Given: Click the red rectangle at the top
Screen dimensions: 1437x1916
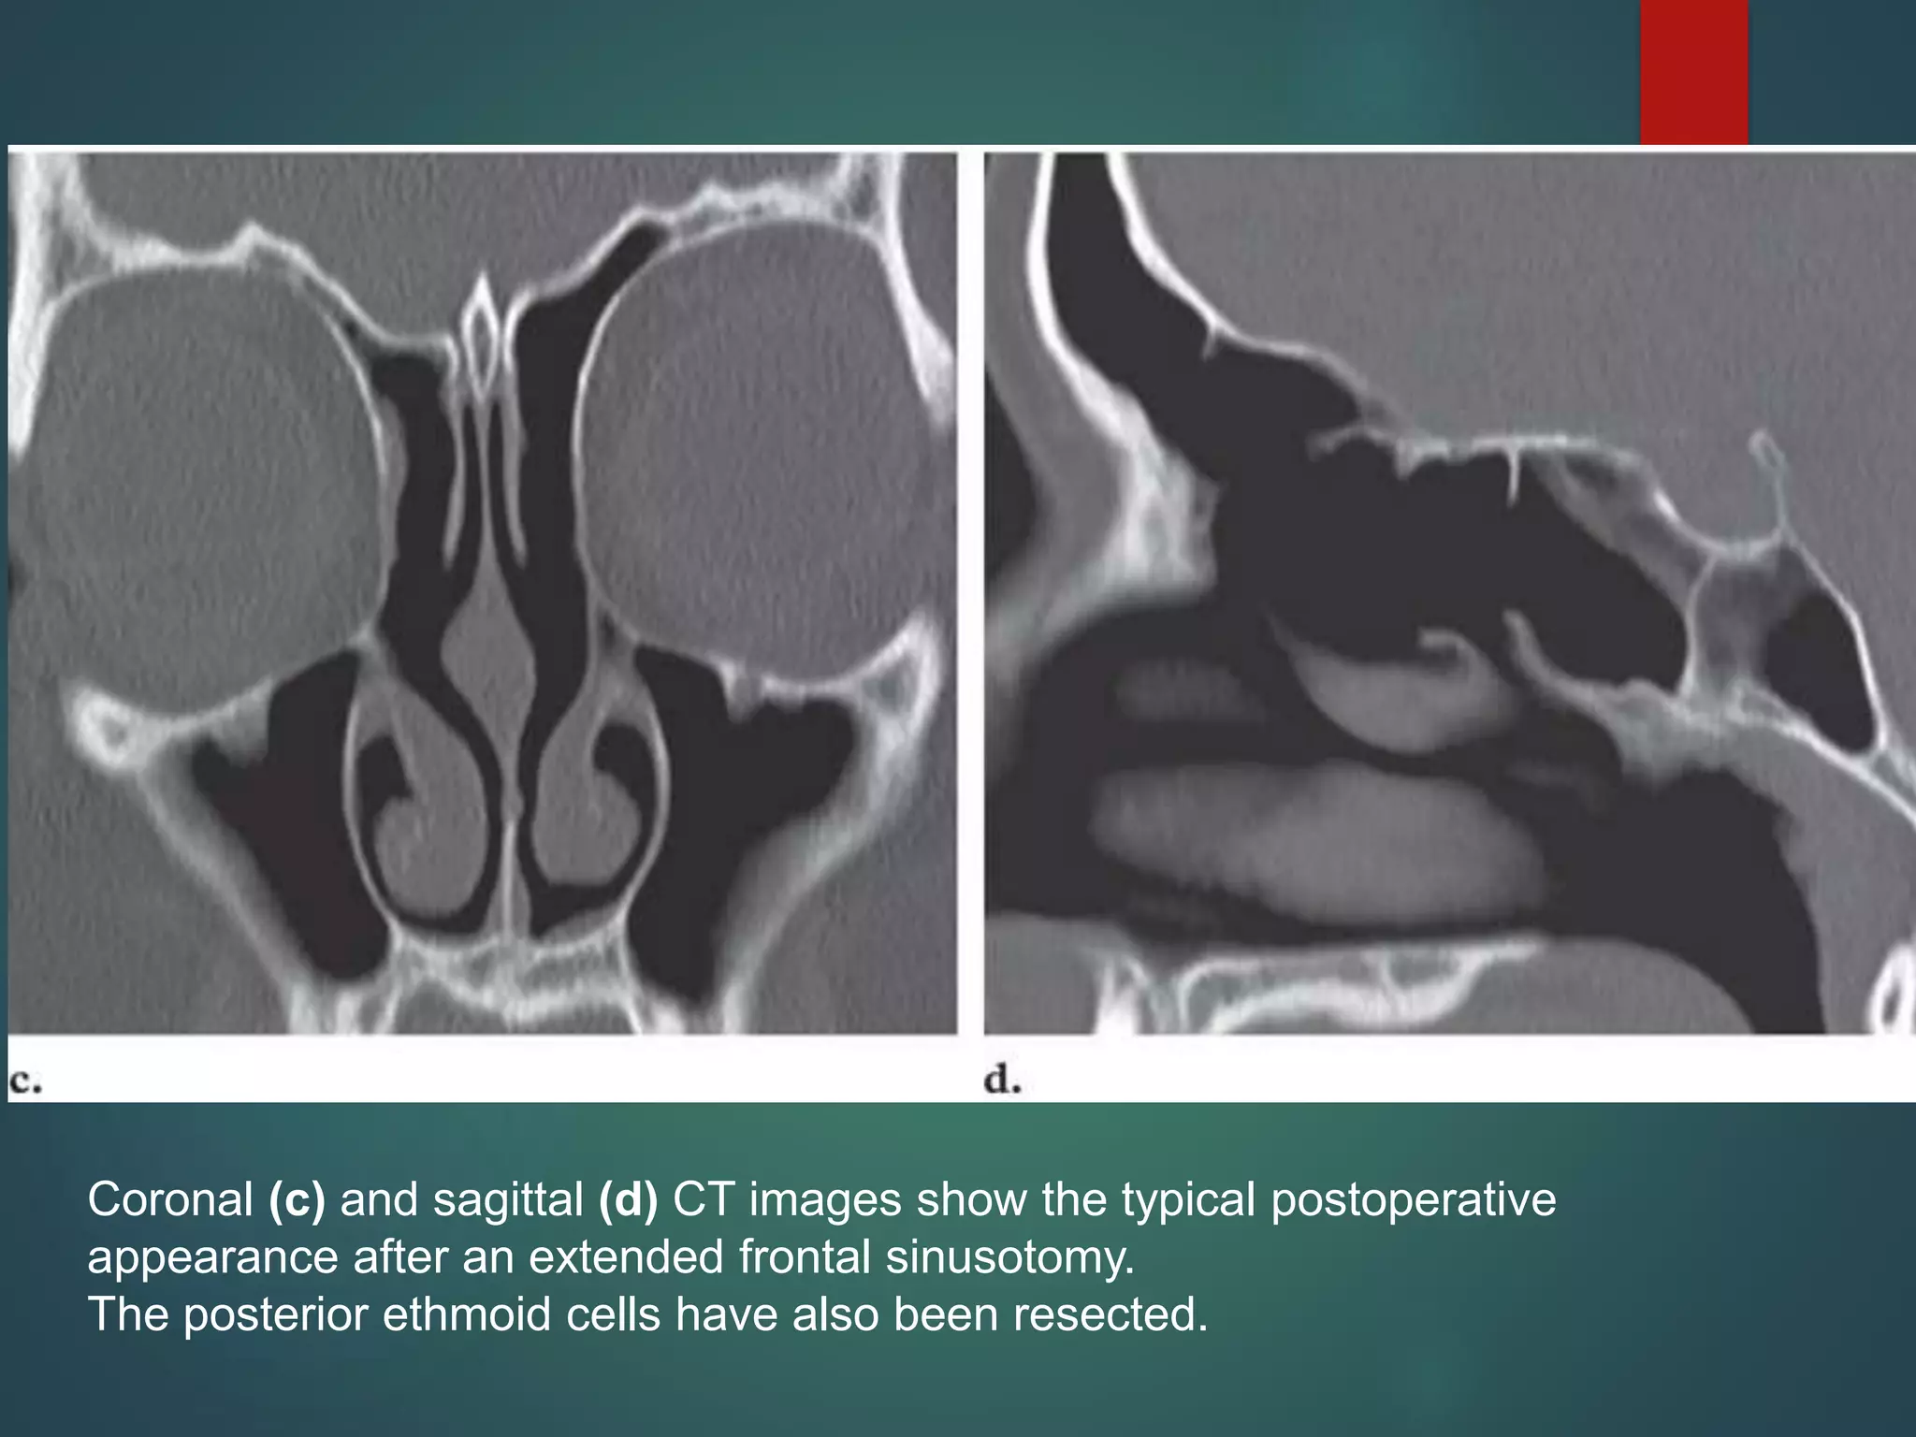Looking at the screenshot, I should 1693,72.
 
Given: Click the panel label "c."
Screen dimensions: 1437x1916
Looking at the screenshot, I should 25,1081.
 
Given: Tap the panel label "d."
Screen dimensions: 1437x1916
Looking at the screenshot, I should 1002,1081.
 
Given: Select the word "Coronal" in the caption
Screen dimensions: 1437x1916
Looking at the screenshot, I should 170,1199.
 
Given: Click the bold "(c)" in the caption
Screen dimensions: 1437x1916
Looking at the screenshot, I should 297,1199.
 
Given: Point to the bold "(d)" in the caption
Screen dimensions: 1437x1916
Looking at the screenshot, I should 628,1199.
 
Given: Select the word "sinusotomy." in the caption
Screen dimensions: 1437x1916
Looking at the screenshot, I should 1010,1257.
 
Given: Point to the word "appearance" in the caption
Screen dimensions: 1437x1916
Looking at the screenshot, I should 212,1258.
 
